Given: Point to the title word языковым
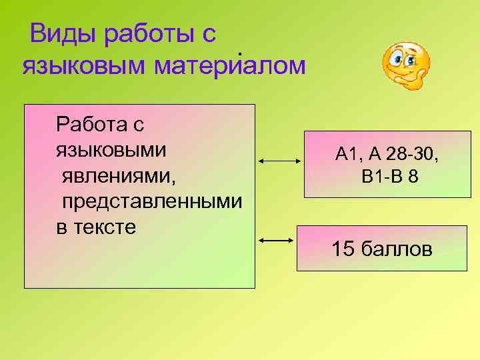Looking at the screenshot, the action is (x=85, y=66).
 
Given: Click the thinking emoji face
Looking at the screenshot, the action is (x=406, y=65).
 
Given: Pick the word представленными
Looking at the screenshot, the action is (x=152, y=202).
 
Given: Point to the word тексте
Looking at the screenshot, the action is (x=107, y=227).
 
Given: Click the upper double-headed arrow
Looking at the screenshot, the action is (x=280, y=161).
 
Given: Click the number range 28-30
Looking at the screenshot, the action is (x=413, y=155).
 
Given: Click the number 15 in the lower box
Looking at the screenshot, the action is (x=343, y=249).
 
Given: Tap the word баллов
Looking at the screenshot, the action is (x=396, y=249).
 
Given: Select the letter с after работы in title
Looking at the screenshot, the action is (x=208, y=34).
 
